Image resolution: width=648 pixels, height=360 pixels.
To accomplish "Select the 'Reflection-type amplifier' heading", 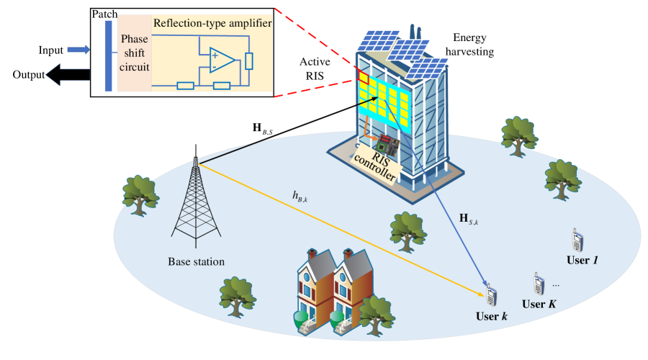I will [x=212, y=23].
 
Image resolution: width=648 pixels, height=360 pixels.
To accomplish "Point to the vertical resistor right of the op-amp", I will [x=249, y=60].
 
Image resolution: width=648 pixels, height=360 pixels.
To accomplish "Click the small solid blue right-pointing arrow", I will [x=78, y=49].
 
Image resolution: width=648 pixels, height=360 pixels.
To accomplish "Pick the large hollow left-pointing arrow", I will [x=67, y=73].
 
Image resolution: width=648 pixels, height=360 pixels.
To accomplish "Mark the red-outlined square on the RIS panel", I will [x=364, y=78].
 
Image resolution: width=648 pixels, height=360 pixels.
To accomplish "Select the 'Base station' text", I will [x=196, y=261].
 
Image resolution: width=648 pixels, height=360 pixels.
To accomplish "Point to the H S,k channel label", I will [x=468, y=218].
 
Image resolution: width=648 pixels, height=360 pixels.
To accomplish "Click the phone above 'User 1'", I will [x=577, y=240].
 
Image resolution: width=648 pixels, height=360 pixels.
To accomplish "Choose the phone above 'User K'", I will [x=537, y=283].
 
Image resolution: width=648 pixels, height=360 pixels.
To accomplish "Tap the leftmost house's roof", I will [x=315, y=263].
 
